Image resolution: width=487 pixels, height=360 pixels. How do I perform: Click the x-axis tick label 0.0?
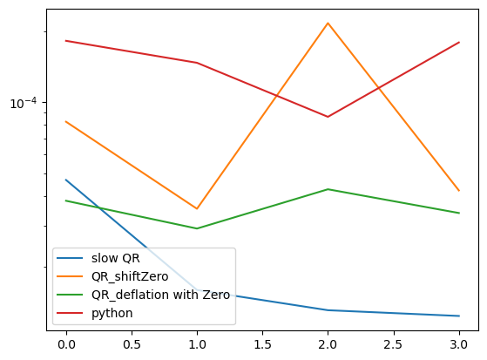click(x=65, y=345)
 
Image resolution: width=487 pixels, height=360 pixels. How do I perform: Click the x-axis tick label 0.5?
click(x=131, y=345)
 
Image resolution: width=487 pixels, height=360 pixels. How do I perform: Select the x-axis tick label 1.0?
click(x=197, y=345)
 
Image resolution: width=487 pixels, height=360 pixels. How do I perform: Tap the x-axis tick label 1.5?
click(x=262, y=345)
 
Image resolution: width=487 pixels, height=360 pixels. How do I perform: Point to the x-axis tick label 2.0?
click(x=328, y=345)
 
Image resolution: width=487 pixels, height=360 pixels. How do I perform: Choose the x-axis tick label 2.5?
click(x=393, y=345)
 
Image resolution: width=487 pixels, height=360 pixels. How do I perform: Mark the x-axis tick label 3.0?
click(x=459, y=345)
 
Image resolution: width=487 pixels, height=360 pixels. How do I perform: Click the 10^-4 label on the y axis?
click(x=24, y=103)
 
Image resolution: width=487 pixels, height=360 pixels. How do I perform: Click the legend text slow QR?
click(x=115, y=259)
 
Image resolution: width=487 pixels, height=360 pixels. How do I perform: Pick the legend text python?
click(x=112, y=313)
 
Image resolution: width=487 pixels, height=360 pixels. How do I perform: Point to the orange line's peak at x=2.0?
click(x=328, y=24)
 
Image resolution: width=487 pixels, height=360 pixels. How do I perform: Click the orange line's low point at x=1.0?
click(x=197, y=209)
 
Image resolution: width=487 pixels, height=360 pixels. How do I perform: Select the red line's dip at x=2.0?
click(x=328, y=117)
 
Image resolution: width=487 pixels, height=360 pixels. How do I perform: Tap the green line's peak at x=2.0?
click(x=328, y=189)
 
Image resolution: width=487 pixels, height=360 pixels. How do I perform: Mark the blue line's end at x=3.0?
click(x=459, y=316)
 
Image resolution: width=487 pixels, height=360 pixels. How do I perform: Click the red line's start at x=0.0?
click(x=65, y=41)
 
